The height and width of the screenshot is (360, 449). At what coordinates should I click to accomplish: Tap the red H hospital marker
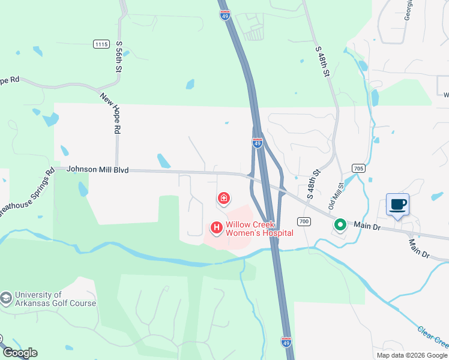click(x=216, y=228)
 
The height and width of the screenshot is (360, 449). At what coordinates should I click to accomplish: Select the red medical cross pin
click(x=223, y=198)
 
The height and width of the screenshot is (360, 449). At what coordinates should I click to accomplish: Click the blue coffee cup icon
click(x=397, y=205)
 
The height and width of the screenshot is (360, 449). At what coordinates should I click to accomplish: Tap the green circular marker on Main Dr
click(x=340, y=225)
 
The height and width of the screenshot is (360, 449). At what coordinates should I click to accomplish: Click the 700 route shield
click(x=304, y=221)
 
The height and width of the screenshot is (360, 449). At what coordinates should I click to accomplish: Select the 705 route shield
click(x=358, y=169)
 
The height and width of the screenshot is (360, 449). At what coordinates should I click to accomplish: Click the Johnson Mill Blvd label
click(x=97, y=170)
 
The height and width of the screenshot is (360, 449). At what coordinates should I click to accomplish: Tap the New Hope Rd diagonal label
click(x=111, y=113)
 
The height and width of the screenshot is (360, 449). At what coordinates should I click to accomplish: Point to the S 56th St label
click(x=119, y=58)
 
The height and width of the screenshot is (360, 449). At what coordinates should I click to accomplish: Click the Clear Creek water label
click(x=433, y=337)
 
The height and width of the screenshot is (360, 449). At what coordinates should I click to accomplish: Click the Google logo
click(x=20, y=353)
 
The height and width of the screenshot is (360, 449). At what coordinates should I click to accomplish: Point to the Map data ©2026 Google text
click(x=412, y=355)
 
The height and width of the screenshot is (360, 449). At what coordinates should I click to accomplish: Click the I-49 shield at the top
click(x=224, y=14)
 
